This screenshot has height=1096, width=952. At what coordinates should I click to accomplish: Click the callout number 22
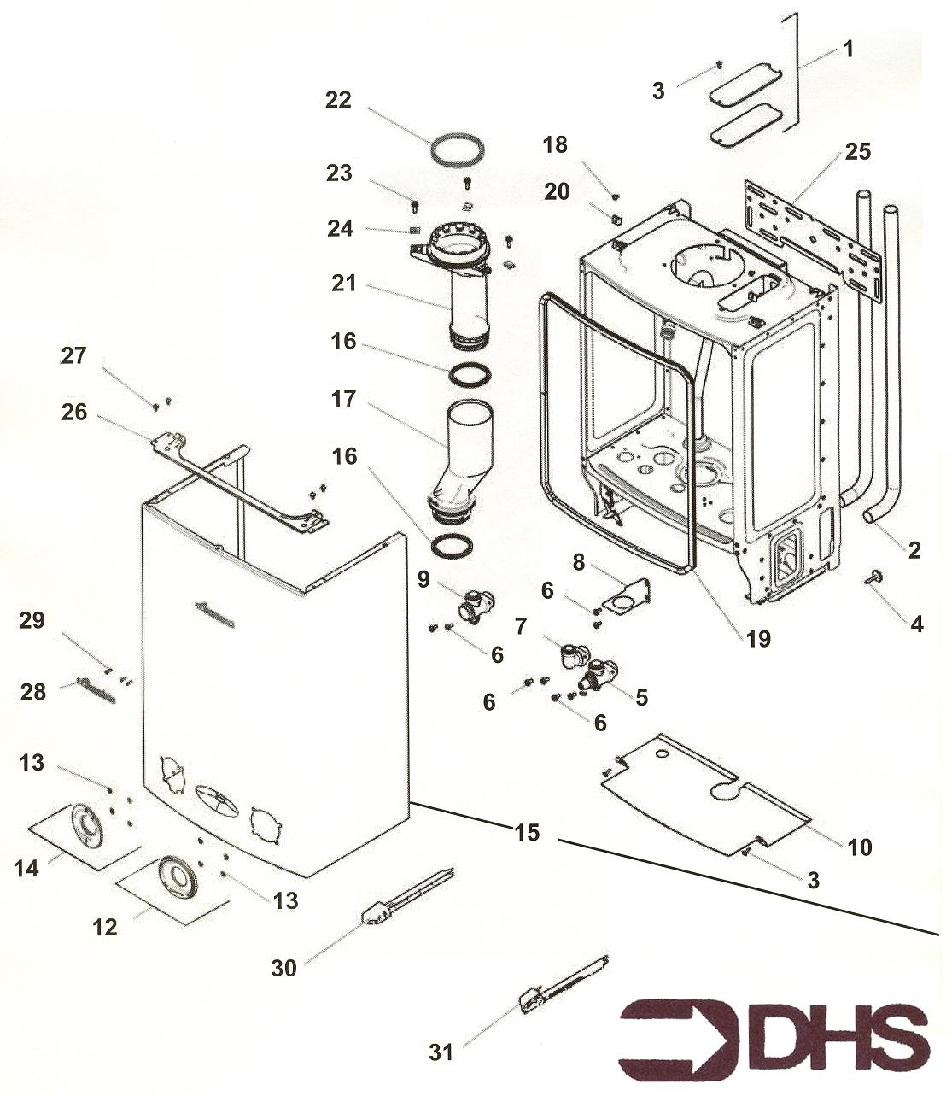(338, 100)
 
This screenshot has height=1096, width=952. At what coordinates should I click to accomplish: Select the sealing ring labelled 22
(458, 149)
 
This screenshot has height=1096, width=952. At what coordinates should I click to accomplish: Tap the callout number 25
(857, 152)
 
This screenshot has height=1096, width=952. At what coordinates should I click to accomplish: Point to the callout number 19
(757, 638)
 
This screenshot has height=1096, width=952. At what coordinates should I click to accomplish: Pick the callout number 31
(441, 1052)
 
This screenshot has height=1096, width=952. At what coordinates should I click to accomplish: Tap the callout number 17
(343, 400)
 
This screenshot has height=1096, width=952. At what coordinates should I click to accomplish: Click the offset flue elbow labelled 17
(465, 461)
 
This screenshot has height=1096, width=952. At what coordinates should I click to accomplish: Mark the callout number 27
(74, 355)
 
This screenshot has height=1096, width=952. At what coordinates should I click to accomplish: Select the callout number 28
(33, 691)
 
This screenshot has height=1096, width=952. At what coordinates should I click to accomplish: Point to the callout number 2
(914, 551)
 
